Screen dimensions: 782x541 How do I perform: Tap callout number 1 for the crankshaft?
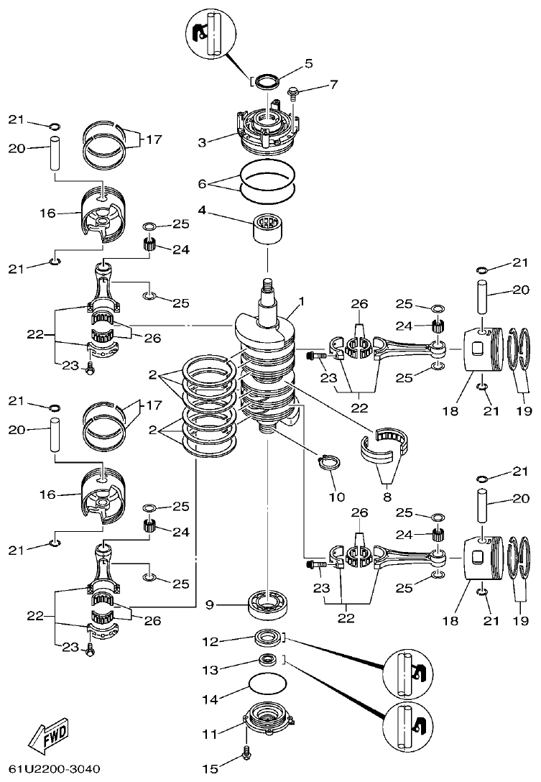tap(302, 303)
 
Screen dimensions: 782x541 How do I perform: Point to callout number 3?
tap(203, 142)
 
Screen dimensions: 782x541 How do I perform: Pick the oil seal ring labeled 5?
tap(267, 80)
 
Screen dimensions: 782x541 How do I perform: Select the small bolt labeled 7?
tap(293, 93)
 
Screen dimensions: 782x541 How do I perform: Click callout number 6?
tap(203, 185)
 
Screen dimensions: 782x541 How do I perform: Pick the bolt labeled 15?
tap(249, 752)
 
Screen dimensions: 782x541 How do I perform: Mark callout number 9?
tap(210, 604)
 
